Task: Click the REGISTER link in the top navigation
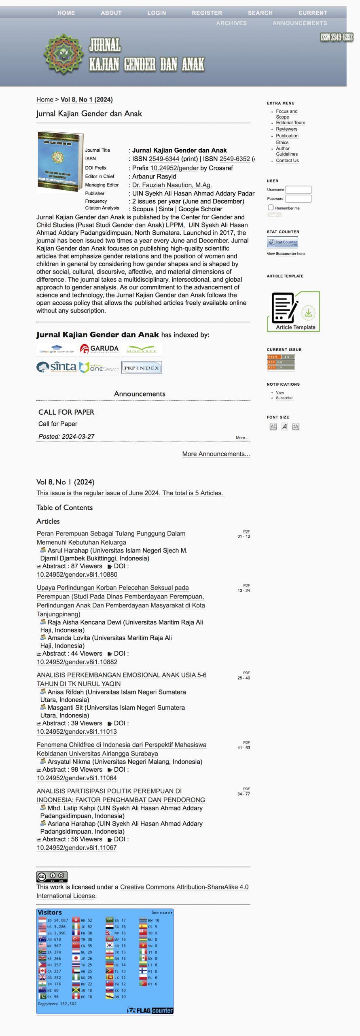pos(207,13)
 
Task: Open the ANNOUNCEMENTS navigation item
pos(299,23)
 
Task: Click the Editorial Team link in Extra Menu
pos(290,123)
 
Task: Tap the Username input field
pos(299,189)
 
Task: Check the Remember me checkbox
pos(271,208)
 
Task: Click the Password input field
pos(299,198)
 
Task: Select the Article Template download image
pos(293,312)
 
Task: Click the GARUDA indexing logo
pos(99,349)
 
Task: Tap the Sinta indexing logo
pos(57,367)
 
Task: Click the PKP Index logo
pos(142,367)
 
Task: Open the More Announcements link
pos(216,454)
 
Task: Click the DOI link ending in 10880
pos(77,574)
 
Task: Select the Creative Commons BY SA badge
pos(52,877)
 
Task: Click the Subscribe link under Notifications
pos(284,398)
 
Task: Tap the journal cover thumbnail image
pos(60,162)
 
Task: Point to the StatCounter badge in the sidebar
pos(282,242)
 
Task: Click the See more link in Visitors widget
pos(161,913)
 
